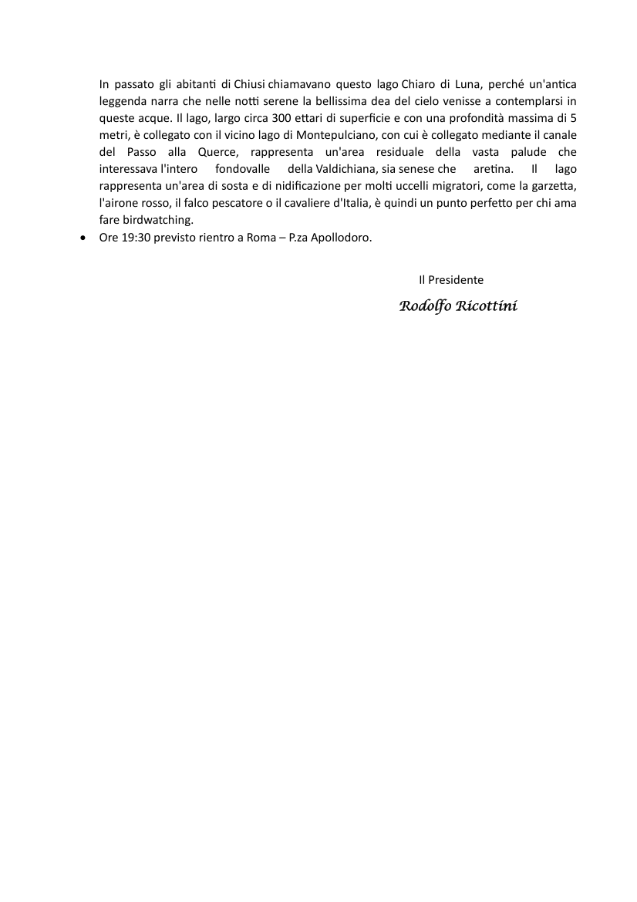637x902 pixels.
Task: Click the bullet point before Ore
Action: pyautogui.click(x=84, y=238)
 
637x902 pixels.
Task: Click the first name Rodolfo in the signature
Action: pyautogui.click(x=425, y=306)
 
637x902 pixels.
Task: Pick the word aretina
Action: pyautogui.click(x=483, y=169)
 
